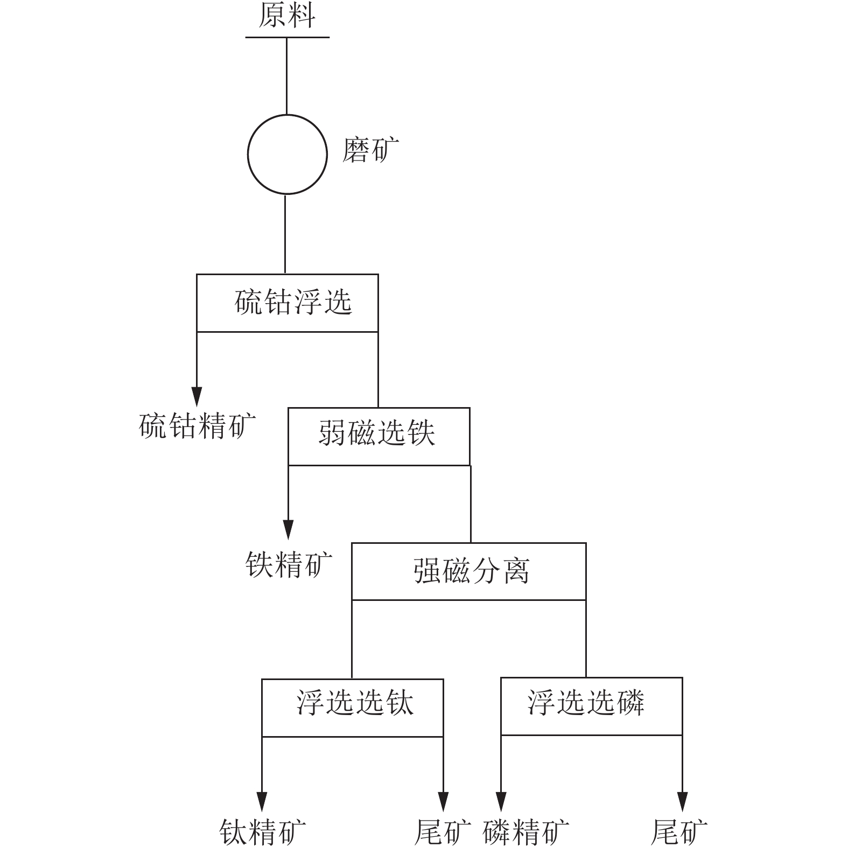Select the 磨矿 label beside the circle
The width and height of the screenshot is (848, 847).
coord(370,150)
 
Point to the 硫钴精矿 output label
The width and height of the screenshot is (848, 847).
coord(198,426)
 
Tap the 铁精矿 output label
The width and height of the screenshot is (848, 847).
coord(289,564)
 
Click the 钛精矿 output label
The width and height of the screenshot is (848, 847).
coord(263,832)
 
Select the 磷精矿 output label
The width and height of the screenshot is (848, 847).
coord(526,832)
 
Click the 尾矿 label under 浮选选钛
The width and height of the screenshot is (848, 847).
coord(443,832)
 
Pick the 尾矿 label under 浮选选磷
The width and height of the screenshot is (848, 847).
coord(679,832)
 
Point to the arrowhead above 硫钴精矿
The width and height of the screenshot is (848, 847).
coord(197,396)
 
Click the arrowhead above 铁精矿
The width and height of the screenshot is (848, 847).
coord(289,529)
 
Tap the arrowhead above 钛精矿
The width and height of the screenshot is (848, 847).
coord(262,801)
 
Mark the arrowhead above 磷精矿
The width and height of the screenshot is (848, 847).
coord(501,801)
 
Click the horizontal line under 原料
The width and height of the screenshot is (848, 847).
coord(288,37)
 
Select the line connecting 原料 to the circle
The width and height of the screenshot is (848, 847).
coord(286,76)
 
